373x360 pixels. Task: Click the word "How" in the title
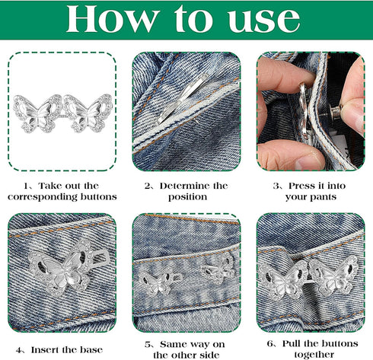tap(106, 21)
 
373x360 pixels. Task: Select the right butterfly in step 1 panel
tap(88, 112)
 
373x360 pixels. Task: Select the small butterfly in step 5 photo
tap(217, 269)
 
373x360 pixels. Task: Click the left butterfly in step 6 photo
tap(282, 279)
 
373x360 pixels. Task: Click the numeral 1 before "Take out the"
tap(28, 186)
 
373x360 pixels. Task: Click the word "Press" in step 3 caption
tap(292, 186)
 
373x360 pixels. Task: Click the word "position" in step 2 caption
tap(186, 196)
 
